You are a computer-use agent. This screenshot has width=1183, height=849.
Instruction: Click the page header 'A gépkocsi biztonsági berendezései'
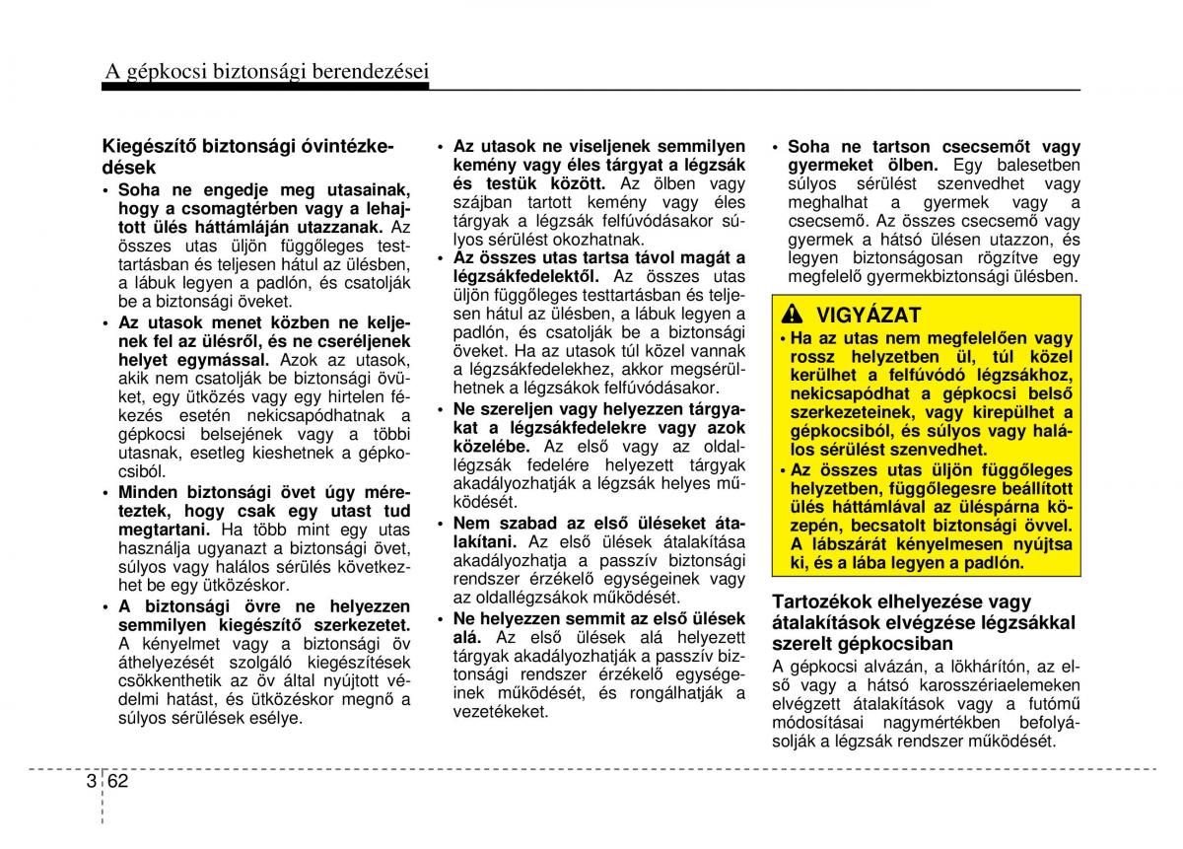click(x=266, y=70)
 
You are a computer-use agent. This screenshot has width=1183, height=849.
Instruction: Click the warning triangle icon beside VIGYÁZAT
click(x=792, y=316)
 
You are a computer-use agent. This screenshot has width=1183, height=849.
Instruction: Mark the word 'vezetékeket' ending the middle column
click(x=500, y=712)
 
